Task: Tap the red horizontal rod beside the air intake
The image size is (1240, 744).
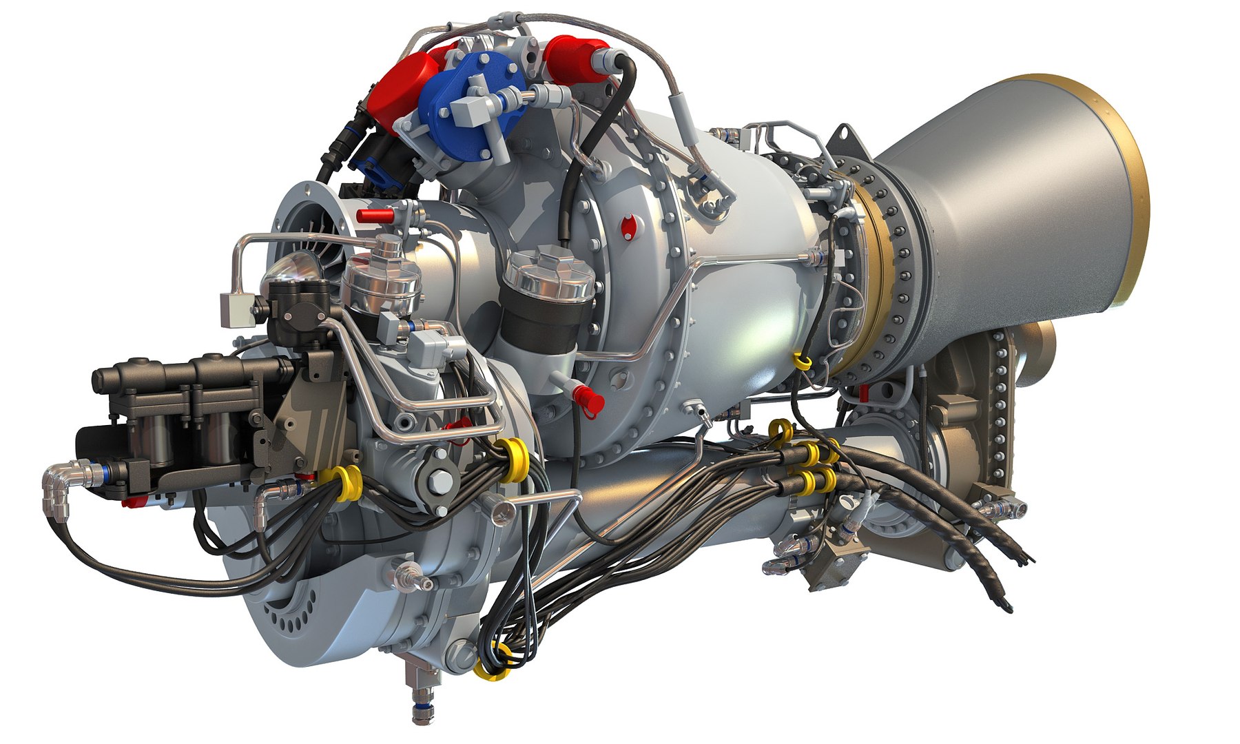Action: tap(375, 216)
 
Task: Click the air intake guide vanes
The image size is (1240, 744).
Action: tap(303, 227)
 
